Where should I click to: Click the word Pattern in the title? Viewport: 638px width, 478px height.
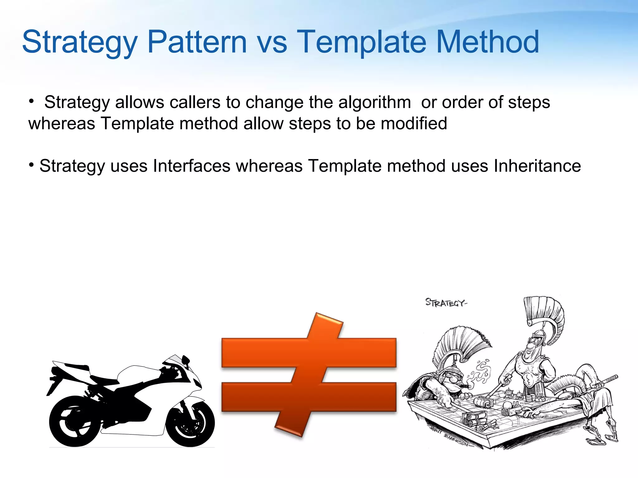click(197, 42)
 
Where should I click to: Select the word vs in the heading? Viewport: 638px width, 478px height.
click(272, 44)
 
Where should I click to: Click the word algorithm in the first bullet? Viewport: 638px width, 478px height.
click(374, 102)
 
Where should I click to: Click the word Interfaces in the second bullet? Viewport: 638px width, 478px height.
click(192, 166)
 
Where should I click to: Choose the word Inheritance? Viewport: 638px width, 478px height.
click(537, 166)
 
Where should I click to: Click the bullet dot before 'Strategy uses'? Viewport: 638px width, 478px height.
click(31, 164)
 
